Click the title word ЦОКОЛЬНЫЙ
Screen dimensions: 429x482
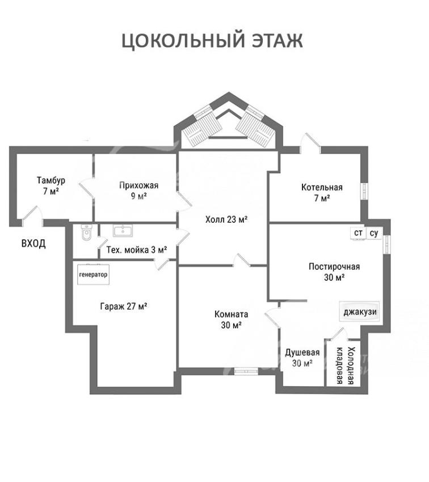click(183, 41)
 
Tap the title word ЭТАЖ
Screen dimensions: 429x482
click(277, 40)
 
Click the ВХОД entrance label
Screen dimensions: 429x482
click(33, 243)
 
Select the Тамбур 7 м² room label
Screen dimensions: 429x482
click(51, 185)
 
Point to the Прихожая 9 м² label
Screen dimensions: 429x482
click(138, 191)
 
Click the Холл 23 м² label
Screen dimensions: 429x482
click(226, 219)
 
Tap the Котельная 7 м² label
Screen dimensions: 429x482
click(322, 193)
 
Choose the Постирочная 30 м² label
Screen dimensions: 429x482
click(334, 272)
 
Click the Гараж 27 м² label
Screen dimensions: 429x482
click(123, 306)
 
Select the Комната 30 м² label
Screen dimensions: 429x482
click(232, 319)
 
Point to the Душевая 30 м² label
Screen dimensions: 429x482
click(302, 357)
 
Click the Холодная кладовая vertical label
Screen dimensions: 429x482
click(345, 366)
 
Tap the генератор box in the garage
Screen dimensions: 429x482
click(93, 274)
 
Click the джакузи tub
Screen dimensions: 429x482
click(360, 311)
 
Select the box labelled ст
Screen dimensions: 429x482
click(358, 233)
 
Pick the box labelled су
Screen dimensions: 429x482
click(373, 233)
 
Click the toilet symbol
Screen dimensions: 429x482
click(86, 233)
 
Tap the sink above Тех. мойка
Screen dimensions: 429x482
click(123, 231)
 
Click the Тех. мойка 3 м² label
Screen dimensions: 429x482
click(137, 250)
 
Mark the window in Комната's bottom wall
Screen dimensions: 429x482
click(246, 371)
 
